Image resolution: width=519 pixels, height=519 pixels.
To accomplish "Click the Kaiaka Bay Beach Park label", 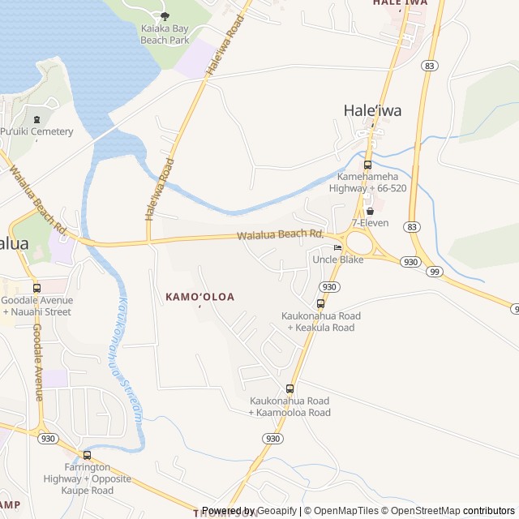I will click(165, 33).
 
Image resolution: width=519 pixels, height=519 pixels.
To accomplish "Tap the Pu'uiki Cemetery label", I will click(36, 131).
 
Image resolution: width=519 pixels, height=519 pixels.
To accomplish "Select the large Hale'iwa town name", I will click(373, 111).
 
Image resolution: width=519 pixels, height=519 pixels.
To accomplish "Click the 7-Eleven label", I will click(370, 222).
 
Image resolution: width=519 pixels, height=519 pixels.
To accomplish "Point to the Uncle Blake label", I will click(338, 259).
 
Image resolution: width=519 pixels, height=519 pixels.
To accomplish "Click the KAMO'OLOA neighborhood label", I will click(199, 297).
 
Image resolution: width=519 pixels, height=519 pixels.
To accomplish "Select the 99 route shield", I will click(435, 272).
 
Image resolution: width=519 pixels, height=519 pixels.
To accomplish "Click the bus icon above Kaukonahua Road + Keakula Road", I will click(320, 303).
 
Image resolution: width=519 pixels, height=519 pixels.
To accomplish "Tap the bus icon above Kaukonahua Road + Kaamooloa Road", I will click(290, 389).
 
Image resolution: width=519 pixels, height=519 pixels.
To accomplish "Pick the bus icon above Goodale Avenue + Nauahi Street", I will click(36, 288).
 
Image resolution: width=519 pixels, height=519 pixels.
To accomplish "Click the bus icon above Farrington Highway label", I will click(87, 455).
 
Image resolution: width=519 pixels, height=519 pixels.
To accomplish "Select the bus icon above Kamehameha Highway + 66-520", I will click(368, 165).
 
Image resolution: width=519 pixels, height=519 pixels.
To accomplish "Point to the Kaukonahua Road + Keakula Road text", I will click(320, 321).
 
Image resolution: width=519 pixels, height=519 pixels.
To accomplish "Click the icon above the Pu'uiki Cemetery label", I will click(36, 120).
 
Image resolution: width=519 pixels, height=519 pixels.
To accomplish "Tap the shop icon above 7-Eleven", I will click(370, 211).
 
